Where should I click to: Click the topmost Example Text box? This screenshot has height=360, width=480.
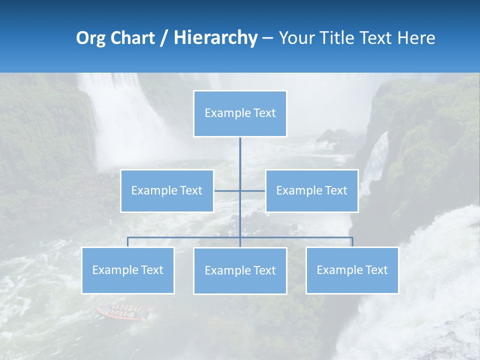pos(240,113)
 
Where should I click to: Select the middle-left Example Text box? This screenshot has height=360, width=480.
pos(167,191)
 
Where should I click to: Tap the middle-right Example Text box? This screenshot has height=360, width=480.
pos(311,191)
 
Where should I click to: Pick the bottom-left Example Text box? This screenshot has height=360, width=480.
pos(128,270)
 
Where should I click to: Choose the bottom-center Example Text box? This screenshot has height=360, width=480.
pos(240,271)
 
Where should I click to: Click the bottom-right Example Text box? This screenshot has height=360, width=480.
pos(352,270)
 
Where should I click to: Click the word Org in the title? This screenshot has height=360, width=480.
pos(90,38)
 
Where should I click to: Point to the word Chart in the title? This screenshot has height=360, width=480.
pos(132,38)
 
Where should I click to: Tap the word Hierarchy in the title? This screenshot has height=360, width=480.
pos(215,38)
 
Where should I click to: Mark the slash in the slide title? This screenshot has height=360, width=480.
pos(164,38)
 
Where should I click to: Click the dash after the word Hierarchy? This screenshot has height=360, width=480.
pos(267,38)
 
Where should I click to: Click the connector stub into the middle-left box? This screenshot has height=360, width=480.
pos(226,191)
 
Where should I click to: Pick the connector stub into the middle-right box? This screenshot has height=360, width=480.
pos(253,191)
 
